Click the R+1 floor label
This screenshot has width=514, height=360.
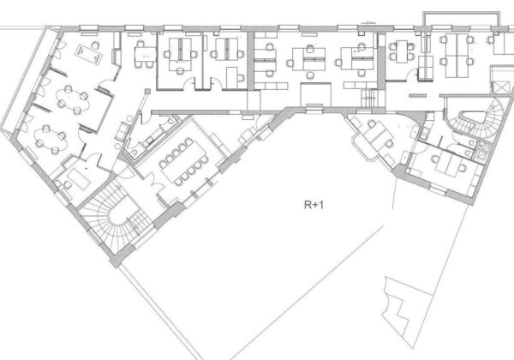point(314,205)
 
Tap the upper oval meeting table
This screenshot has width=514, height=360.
point(73,100)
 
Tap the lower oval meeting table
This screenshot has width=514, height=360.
point(51,140)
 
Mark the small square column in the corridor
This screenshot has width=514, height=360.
point(148,91)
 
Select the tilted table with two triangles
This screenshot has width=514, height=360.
point(89,54)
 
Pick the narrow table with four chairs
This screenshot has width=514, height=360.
point(402,51)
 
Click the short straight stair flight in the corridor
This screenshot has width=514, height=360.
point(369,98)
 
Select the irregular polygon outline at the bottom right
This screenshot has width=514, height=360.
point(406,309)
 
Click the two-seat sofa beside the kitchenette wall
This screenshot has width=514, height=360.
point(122,131)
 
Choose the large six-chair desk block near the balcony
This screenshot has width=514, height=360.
point(457,56)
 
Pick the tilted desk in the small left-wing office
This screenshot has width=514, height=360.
point(78,178)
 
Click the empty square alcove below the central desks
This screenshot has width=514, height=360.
point(315,94)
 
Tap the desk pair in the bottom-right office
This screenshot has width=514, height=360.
point(448,164)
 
